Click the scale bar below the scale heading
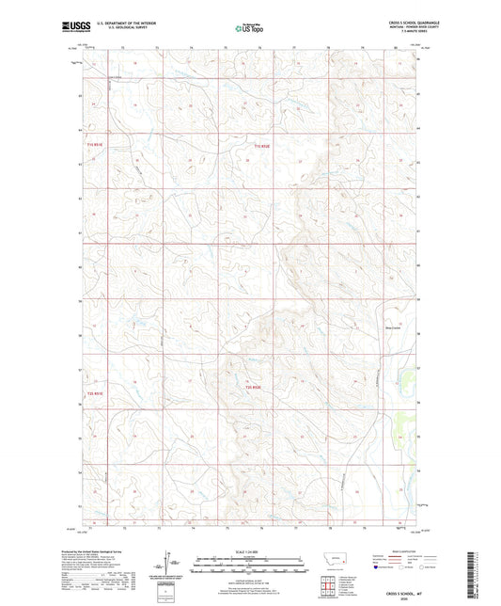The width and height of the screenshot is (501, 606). click(x=249, y=562)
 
